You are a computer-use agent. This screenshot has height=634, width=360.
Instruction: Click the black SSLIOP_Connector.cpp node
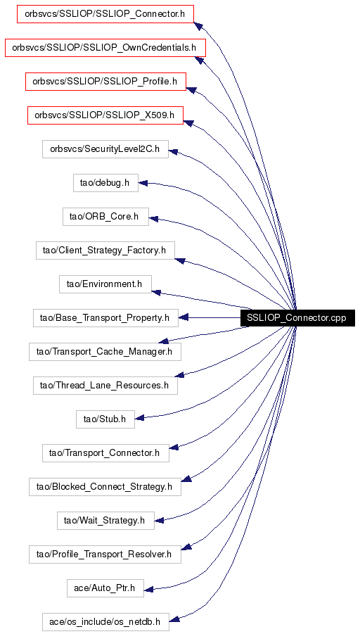(x=297, y=318)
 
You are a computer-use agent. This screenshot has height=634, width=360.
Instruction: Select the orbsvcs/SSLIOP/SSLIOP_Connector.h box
(x=105, y=14)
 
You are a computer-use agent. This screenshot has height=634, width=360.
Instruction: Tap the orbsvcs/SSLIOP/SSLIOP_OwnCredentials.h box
(x=105, y=48)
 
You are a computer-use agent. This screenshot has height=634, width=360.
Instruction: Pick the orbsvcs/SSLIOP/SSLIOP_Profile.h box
(x=105, y=82)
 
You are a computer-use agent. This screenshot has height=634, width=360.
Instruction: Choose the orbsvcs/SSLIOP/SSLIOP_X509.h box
(x=105, y=115)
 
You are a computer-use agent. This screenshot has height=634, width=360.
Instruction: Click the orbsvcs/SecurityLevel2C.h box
(x=105, y=148)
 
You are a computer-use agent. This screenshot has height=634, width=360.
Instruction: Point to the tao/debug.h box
(x=105, y=183)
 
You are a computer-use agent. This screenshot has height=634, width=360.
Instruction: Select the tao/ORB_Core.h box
(x=105, y=217)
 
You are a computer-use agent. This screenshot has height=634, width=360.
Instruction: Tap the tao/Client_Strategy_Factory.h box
(x=105, y=251)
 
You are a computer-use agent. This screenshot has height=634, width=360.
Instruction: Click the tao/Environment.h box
(x=105, y=284)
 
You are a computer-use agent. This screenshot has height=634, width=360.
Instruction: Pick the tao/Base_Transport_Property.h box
(x=105, y=318)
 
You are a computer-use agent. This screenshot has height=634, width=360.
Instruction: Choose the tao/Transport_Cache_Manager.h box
(x=105, y=352)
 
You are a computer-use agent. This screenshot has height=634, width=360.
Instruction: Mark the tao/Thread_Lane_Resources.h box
(x=105, y=386)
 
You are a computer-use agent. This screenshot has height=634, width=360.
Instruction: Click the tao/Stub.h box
(x=105, y=419)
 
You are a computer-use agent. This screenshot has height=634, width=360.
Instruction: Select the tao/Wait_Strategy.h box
(x=105, y=521)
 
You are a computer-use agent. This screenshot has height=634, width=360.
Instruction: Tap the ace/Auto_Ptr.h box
(x=105, y=588)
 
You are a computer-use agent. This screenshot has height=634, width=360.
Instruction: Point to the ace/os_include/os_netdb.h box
(x=105, y=621)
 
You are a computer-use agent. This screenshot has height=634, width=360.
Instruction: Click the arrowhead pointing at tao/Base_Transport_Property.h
(x=183, y=318)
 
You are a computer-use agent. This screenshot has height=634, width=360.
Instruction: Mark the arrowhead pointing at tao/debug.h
(x=143, y=183)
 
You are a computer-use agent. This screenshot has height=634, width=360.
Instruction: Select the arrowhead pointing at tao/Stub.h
(x=140, y=418)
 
